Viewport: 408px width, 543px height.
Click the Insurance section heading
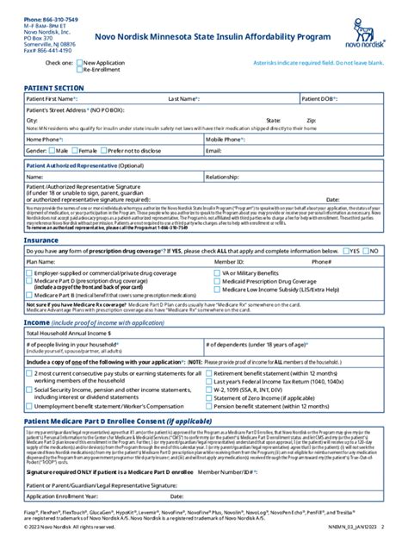click(41, 240)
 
